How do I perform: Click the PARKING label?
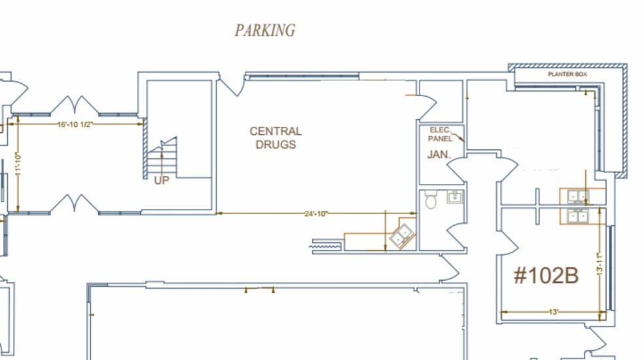265,30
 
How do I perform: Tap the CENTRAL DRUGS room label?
276,137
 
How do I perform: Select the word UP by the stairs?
162,181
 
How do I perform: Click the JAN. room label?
439,154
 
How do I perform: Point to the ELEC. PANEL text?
440,134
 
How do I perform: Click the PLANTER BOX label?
567,75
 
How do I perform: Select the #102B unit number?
546,276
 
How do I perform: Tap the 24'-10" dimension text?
316,213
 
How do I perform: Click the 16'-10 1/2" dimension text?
75,124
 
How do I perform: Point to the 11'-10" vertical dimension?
18,165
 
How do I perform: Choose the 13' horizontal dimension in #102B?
554,312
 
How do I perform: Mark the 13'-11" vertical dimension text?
599,264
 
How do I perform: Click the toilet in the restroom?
431,200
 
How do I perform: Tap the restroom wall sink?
455,197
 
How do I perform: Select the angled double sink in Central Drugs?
402,236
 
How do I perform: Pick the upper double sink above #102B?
579,197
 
